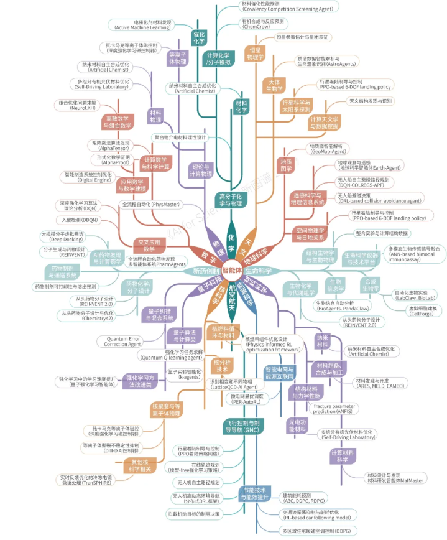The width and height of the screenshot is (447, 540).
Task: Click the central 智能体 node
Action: pyautogui.click(x=231, y=271)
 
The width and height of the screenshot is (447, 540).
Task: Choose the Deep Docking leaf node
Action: pyautogui.click(x=62, y=237)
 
